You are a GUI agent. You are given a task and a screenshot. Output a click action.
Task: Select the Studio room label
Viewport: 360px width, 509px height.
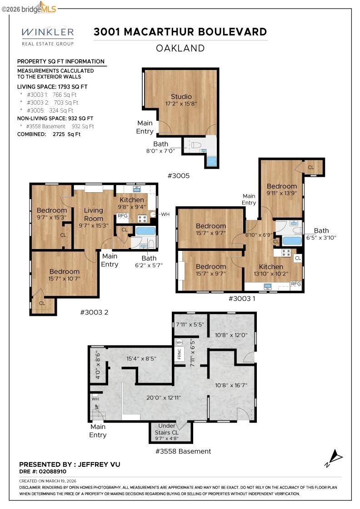click(x=181, y=96)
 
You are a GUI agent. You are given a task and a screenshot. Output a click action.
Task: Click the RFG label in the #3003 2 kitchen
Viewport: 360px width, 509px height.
click(x=123, y=216)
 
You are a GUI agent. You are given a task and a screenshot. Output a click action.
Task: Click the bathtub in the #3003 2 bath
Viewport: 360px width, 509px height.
click(x=145, y=231)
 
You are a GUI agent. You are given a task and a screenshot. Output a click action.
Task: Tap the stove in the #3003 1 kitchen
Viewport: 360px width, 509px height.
click(x=286, y=252)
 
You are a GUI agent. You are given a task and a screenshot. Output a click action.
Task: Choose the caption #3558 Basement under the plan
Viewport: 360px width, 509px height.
click(x=183, y=451)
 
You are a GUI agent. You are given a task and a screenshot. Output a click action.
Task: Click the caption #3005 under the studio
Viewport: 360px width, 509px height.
click(x=179, y=176)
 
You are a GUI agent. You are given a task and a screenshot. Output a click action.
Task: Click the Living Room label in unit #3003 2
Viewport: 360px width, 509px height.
click(x=94, y=215)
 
